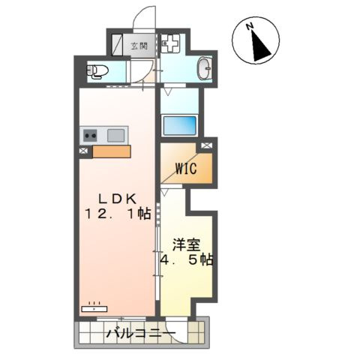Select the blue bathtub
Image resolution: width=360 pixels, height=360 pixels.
[179, 124]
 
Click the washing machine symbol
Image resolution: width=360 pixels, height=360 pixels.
[169, 44]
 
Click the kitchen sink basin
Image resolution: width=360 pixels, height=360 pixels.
[115, 136]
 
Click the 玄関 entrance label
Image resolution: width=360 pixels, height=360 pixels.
[139, 46]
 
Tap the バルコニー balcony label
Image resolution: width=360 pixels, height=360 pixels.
[140, 333]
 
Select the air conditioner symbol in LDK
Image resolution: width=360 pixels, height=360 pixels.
[94, 307]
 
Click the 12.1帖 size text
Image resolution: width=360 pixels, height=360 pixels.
[118, 214]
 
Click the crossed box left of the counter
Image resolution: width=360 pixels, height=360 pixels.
[82, 151]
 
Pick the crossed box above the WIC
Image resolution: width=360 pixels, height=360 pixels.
[205, 145]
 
